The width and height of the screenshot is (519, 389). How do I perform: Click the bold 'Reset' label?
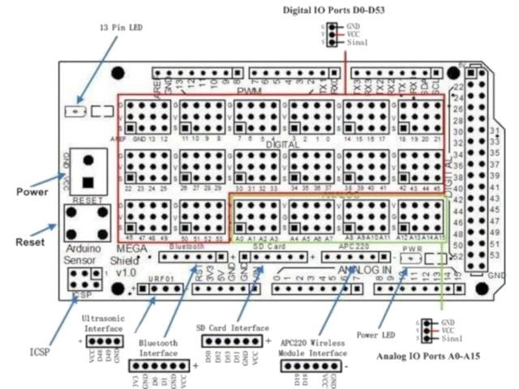point(30,242)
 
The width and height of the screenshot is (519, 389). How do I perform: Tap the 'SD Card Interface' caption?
point(232,327)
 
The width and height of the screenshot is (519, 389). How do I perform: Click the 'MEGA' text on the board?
point(131,248)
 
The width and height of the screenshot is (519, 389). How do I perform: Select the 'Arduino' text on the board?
point(85,248)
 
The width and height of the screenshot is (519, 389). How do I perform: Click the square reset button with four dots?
point(87,220)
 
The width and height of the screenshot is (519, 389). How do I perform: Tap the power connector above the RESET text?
point(87,170)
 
